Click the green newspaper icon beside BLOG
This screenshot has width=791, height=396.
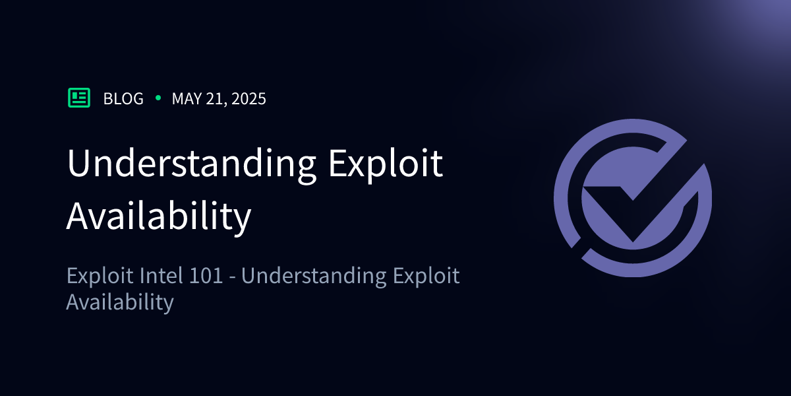coord(79,98)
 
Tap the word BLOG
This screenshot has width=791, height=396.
coord(123,99)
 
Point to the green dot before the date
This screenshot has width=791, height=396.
coord(158,98)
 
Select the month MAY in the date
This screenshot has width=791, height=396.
coord(187,99)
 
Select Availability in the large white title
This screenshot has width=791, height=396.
coord(159,215)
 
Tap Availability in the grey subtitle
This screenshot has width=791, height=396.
coord(120,302)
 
